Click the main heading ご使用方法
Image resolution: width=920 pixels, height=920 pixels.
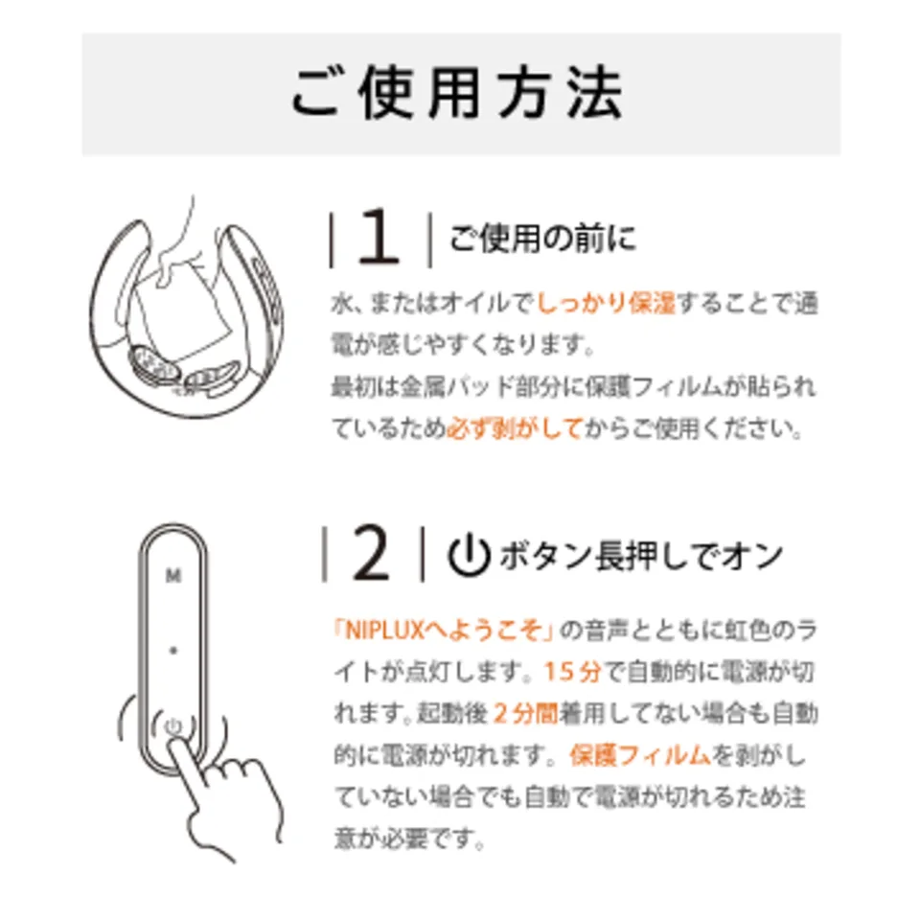457,94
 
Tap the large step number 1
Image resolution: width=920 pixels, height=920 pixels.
378,239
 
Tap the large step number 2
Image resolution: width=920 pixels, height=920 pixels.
372,553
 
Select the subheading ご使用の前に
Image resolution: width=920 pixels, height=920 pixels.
542,239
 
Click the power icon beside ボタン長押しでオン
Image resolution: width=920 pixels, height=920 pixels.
469,555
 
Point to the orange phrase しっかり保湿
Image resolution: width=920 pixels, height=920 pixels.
606,303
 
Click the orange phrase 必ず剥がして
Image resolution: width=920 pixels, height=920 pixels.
515,427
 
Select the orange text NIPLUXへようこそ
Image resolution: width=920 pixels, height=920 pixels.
444,631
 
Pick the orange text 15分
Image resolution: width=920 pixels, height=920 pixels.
573,672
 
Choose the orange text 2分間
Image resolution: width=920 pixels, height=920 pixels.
525,713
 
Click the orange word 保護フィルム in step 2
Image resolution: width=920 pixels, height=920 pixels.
640,755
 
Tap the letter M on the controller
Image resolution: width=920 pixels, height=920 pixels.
173,576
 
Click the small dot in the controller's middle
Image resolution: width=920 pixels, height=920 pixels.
173,650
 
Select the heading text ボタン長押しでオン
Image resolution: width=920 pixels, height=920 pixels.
641,555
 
